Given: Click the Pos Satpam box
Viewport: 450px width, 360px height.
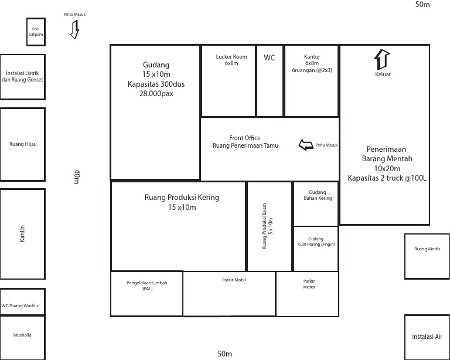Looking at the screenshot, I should point(36,32).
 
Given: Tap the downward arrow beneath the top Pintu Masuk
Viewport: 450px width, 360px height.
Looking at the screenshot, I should point(74,29).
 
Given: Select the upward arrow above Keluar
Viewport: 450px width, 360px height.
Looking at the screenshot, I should point(382,60).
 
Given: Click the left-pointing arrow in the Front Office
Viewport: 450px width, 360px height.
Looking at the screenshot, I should point(306,145).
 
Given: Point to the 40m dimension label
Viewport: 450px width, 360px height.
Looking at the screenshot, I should point(77,176).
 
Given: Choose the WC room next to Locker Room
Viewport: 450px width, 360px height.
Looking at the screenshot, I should point(270,81).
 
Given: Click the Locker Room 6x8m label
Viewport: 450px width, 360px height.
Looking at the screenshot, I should point(231,60).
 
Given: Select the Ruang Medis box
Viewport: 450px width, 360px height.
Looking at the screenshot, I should point(427,256).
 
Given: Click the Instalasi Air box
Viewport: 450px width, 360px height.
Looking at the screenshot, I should point(427,337).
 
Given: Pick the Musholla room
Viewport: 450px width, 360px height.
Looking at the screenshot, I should point(22,337).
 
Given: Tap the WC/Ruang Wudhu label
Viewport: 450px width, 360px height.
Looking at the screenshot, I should point(22,305).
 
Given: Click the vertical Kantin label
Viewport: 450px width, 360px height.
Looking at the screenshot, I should point(22,234).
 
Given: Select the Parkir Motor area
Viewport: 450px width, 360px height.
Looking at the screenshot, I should point(309,293).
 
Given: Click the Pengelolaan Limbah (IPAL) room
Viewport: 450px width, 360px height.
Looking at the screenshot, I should point(146,293).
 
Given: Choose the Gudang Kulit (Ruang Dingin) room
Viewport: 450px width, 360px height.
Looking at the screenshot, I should point(316,249).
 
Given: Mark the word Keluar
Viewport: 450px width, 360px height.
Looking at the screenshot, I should point(382,74).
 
